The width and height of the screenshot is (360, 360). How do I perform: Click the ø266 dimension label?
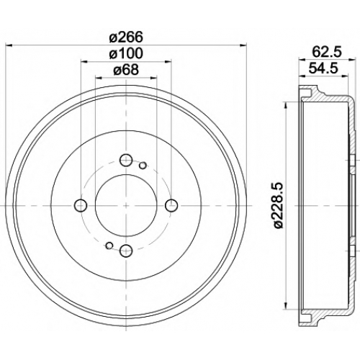[x=126, y=37]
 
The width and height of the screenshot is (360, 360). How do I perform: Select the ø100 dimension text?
[x=126, y=53]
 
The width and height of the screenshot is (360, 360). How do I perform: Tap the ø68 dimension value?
[x=126, y=70]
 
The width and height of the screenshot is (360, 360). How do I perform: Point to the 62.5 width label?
[x=327, y=52]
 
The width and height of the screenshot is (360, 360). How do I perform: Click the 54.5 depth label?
[x=323, y=68]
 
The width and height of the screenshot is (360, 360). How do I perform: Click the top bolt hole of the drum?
[x=126, y=161]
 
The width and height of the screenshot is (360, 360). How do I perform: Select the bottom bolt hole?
[x=126, y=251]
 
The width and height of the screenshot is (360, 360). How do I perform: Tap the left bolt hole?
[x=81, y=205]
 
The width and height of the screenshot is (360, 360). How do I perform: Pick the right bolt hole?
[x=171, y=205]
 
